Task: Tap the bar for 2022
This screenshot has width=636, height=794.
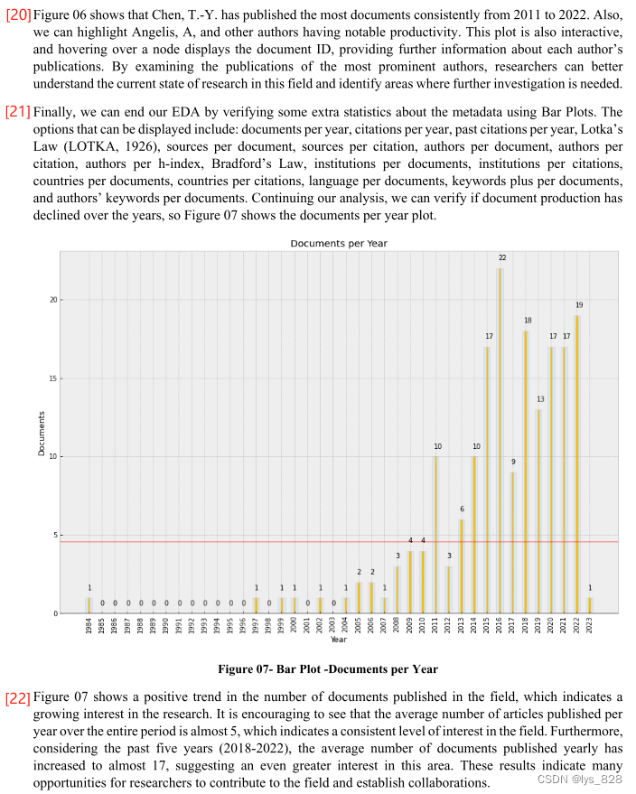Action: click(x=577, y=464)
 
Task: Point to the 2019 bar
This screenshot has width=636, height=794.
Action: click(x=539, y=511)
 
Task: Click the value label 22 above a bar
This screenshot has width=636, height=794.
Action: click(x=502, y=257)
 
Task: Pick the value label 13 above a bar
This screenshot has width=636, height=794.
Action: click(x=540, y=398)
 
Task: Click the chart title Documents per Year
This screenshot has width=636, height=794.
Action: click(x=339, y=244)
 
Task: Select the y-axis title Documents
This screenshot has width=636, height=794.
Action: click(x=42, y=433)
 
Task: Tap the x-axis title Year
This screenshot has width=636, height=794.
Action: click(x=338, y=640)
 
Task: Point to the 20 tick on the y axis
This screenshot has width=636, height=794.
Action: click(x=55, y=300)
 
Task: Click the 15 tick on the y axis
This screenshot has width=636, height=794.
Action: click(x=55, y=378)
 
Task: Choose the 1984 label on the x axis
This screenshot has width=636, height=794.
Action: click(x=89, y=627)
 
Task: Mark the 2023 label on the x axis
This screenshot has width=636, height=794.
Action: click(x=591, y=627)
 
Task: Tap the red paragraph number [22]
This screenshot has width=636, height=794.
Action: click(x=18, y=698)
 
